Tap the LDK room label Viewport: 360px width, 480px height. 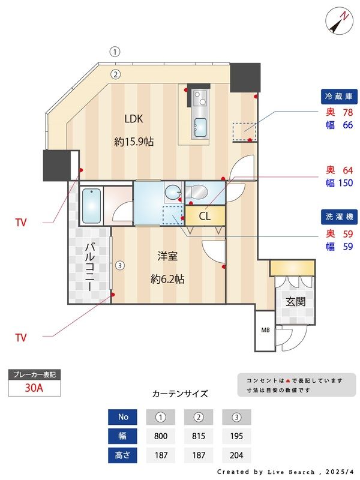point(134,118)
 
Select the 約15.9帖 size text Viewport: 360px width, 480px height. point(134,142)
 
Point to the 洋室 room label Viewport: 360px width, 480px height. point(167,257)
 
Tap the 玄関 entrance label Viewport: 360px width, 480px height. point(295,301)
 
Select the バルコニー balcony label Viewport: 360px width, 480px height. point(91,266)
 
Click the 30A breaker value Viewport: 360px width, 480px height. point(34,388)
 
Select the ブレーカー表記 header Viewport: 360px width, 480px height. point(34,375)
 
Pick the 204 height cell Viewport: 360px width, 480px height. point(236,455)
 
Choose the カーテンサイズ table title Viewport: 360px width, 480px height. point(180,394)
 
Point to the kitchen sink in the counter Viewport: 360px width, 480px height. point(200,127)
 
